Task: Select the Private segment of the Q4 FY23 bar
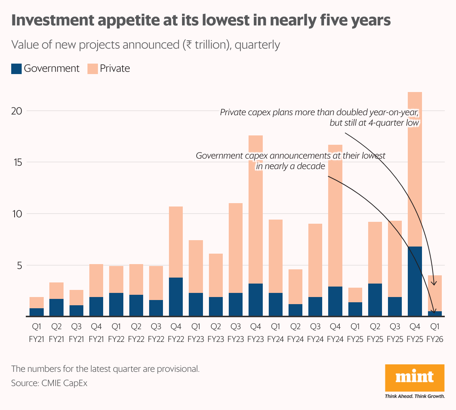click(x=256, y=209)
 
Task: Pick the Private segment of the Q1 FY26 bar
click(x=435, y=293)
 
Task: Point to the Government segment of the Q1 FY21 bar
click(x=37, y=312)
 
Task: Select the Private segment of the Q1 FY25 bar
click(x=355, y=295)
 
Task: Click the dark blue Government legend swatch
click(x=16, y=69)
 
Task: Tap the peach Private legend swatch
click(x=92, y=69)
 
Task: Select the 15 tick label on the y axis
click(x=17, y=163)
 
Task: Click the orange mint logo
click(x=415, y=378)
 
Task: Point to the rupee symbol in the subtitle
click(x=188, y=45)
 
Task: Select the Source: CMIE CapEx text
click(x=49, y=383)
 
